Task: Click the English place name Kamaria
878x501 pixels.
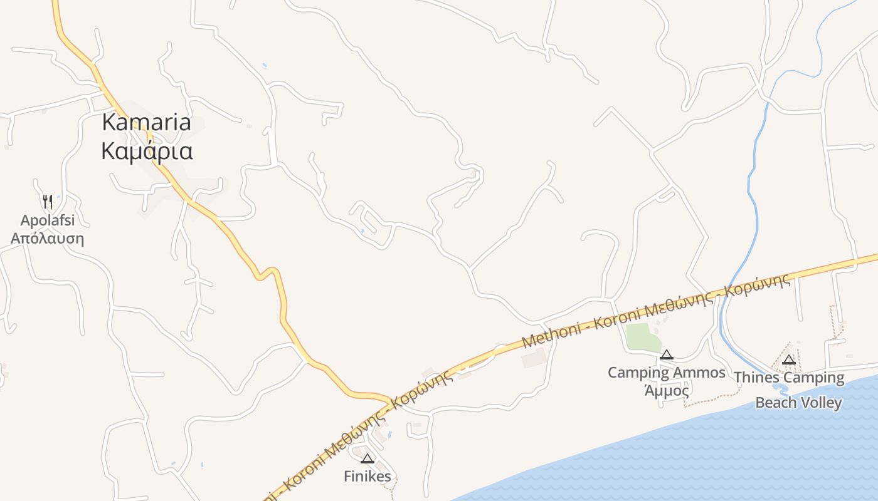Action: (x=146, y=122)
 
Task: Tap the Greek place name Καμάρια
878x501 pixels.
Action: (x=147, y=152)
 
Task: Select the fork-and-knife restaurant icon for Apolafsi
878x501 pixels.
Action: (x=48, y=201)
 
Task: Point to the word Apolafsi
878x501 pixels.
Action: (x=47, y=220)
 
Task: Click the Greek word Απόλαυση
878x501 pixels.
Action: (x=47, y=239)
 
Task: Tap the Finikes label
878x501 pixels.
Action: (x=368, y=477)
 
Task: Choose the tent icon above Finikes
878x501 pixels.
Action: (x=368, y=458)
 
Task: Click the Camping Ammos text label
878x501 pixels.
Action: (x=666, y=373)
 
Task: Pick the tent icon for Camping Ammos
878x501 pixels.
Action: (x=666, y=355)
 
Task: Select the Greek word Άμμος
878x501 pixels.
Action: (x=667, y=391)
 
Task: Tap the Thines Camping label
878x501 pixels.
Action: (x=789, y=378)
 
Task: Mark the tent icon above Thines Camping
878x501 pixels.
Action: (x=789, y=359)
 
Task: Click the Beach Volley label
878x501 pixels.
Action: (x=798, y=402)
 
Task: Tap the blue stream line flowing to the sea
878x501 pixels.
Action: (x=752, y=188)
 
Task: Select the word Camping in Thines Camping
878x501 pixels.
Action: (x=814, y=378)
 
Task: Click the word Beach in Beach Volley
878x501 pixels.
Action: (x=773, y=402)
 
